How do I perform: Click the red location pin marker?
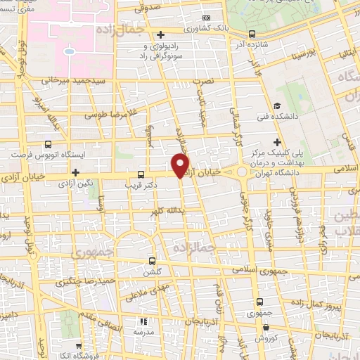pos(181,165)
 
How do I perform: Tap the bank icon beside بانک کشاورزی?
pos(205,18)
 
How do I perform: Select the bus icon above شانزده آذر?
pos(252,33)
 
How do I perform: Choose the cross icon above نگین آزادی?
pos(75,172)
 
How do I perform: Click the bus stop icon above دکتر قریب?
pos(141,174)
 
